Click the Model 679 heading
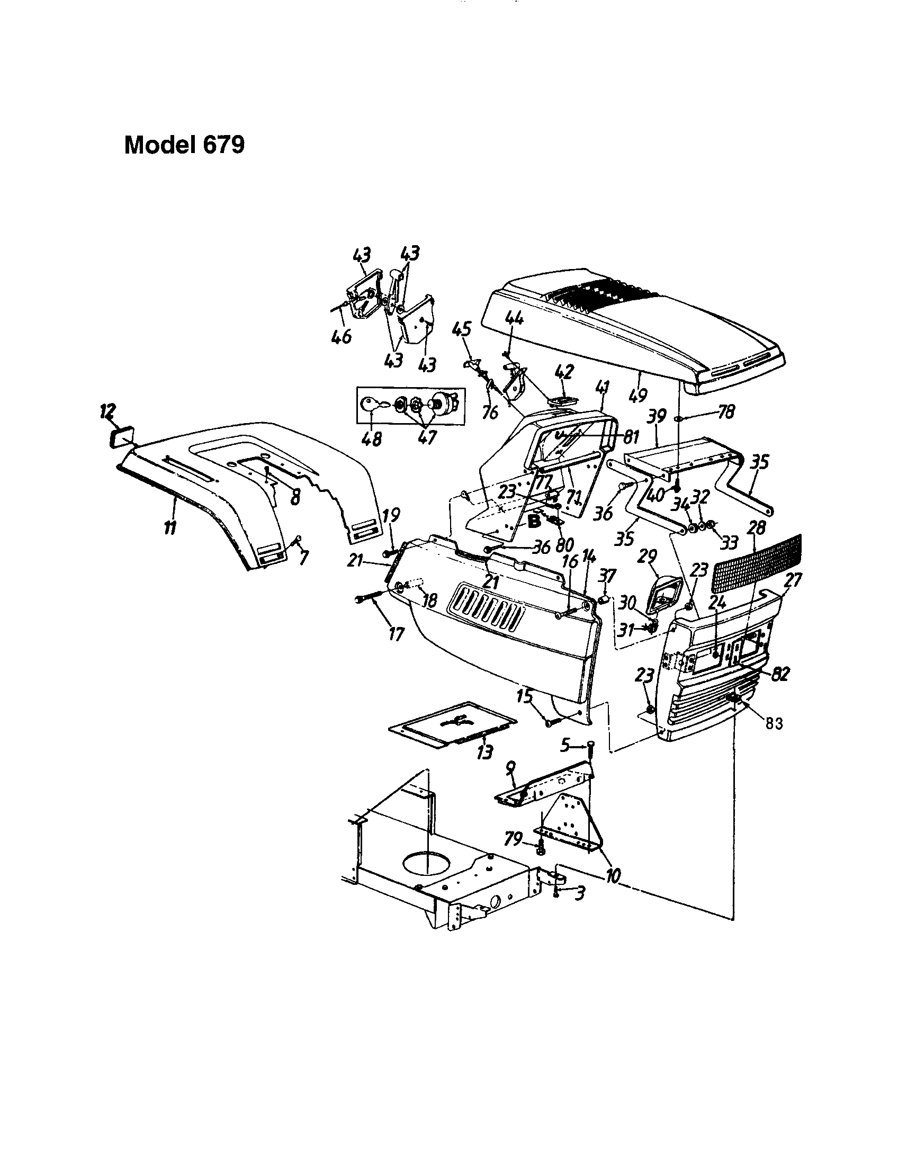(x=184, y=145)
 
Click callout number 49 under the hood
(x=638, y=395)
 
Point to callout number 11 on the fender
(x=170, y=528)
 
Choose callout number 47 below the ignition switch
(x=426, y=437)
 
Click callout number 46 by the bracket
(x=342, y=337)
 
